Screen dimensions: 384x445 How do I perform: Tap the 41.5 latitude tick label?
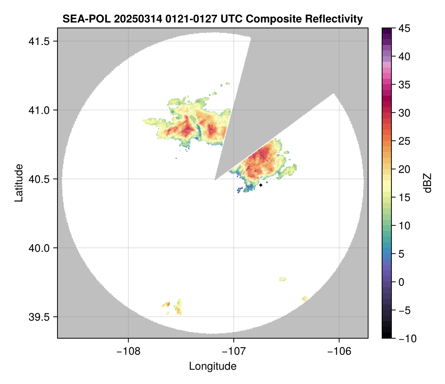click(x=38, y=42)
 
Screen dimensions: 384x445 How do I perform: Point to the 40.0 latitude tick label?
click(x=38, y=248)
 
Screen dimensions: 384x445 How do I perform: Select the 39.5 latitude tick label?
click(x=38, y=317)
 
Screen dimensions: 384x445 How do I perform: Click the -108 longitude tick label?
click(x=128, y=351)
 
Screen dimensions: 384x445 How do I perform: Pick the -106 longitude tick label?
click(x=339, y=351)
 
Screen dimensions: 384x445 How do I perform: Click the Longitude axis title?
click(x=212, y=366)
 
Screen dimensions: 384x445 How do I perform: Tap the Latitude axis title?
click(x=18, y=183)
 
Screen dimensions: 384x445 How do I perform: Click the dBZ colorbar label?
click(x=428, y=183)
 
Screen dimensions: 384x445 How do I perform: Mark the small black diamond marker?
click(x=261, y=185)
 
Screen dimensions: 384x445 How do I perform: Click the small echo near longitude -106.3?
click(x=304, y=298)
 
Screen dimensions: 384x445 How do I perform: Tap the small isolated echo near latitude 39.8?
click(x=283, y=279)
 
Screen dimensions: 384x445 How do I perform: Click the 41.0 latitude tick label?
click(x=38, y=111)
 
